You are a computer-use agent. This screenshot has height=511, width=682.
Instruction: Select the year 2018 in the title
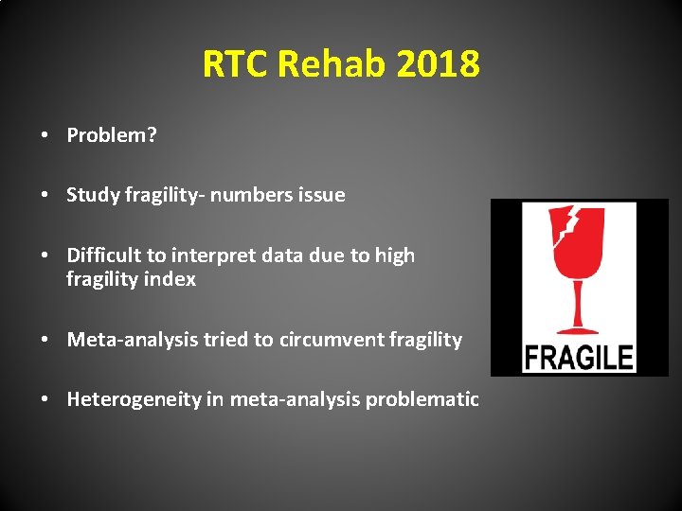coord(439,65)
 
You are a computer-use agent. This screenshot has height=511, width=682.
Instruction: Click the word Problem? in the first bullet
coord(112,135)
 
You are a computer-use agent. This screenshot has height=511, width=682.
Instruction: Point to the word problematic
coord(422,399)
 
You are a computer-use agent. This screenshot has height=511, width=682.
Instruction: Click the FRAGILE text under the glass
coord(579,358)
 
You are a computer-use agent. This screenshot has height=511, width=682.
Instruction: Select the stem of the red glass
coord(578,303)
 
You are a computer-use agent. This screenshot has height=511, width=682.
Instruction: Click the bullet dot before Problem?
coord(45,136)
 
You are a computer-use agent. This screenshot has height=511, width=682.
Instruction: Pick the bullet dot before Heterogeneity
coord(45,400)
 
